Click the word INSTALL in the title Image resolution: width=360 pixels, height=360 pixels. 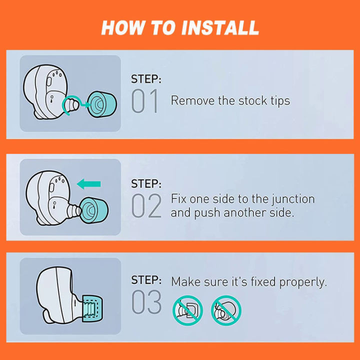(220, 28)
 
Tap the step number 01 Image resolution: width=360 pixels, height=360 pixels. (144, 101)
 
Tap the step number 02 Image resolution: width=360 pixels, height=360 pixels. (146, 205)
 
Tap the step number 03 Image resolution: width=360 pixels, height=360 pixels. (146, 301)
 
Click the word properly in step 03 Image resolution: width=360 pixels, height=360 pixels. (303, 282)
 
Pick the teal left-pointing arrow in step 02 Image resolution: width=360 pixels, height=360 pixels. (88, 184)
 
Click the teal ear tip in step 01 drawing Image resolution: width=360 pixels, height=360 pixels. (102, 104)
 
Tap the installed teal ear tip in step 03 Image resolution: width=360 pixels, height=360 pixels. (92, 309)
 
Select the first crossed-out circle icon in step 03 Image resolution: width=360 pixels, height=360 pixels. (187, 310)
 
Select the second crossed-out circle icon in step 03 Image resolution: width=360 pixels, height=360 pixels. (226, 310)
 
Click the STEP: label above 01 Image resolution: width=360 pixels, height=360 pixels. (146, 79)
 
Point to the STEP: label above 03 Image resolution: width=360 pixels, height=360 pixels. (146, 280)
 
